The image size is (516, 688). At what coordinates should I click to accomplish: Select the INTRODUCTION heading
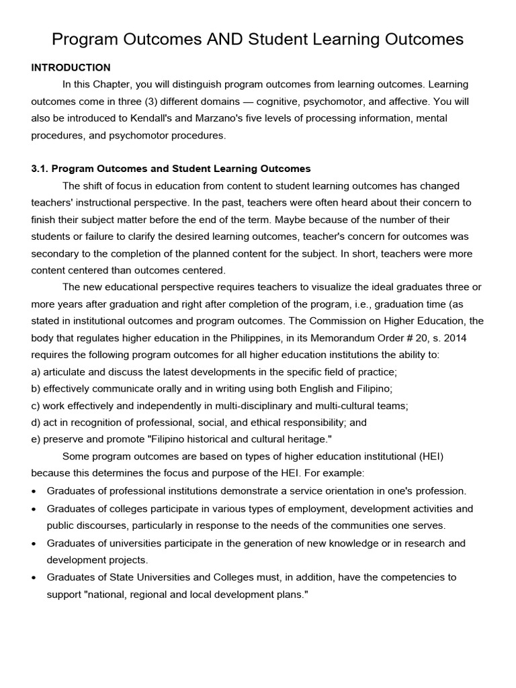(71, 67)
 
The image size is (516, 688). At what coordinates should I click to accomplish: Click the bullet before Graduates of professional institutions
(34, 491)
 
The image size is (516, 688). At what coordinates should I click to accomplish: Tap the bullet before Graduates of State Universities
(34, 577)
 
